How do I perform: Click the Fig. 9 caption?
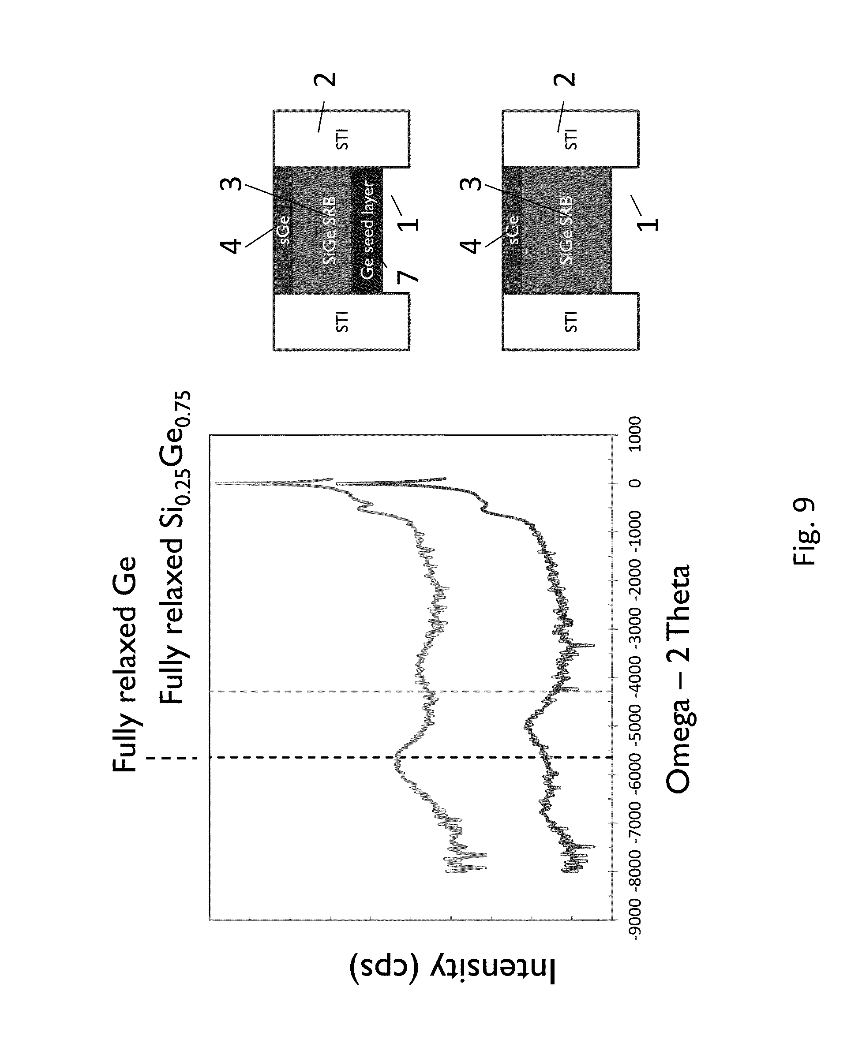click(x=805, y=532)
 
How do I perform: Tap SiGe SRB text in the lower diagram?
click(x=566, y=231)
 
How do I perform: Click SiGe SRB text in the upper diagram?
click(x=330, y=231)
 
